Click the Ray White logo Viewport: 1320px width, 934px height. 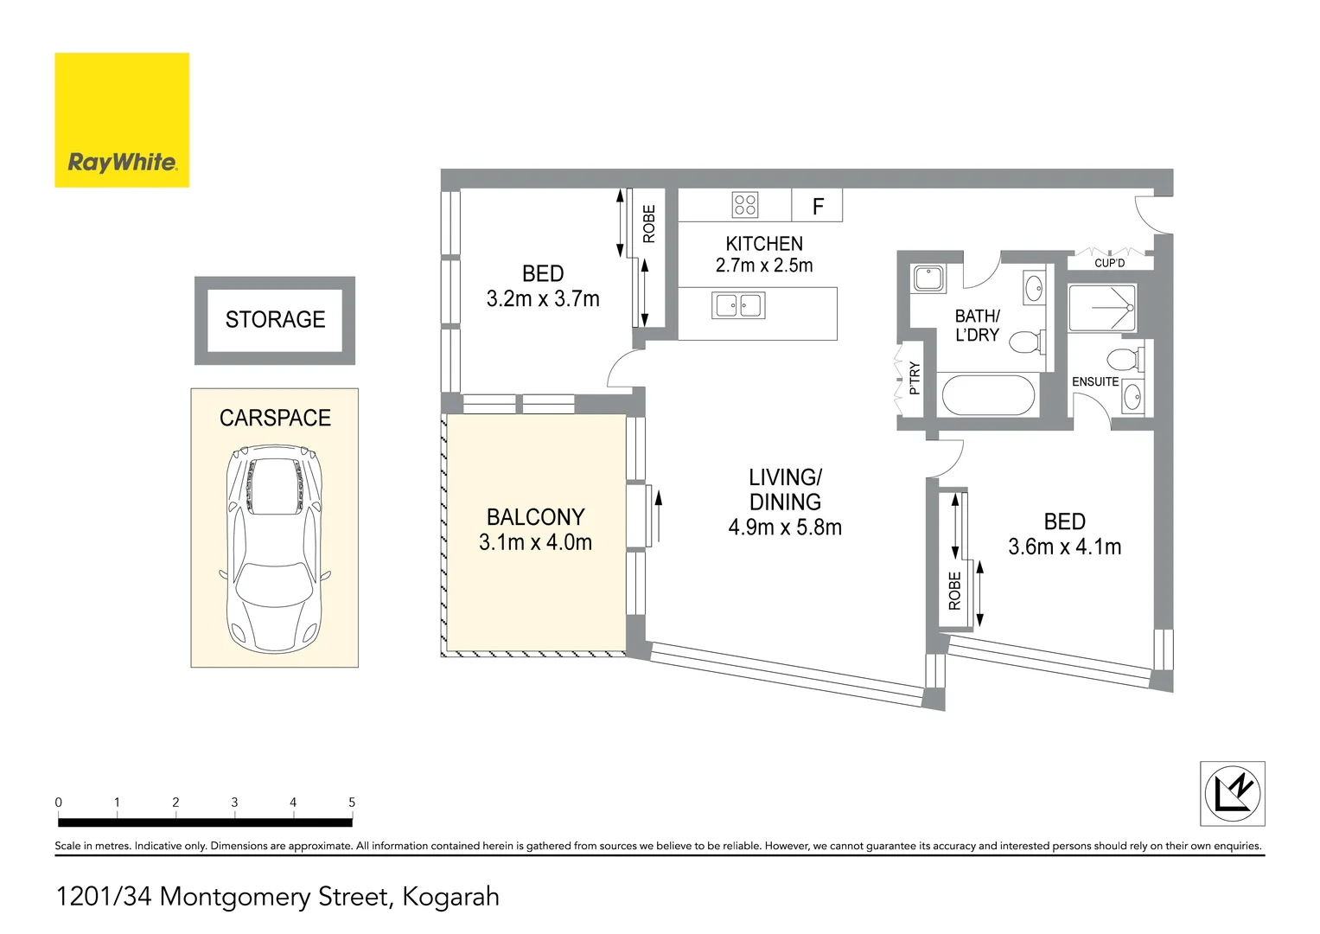(122, 120)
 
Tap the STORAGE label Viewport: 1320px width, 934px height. (275, 320)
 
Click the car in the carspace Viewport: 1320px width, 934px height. (275, 548)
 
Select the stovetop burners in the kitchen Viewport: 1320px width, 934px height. (745, 205)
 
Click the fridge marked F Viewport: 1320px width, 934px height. (818, 205)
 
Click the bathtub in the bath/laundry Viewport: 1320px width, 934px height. (988, 395)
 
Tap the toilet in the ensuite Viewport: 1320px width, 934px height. (1126, 359)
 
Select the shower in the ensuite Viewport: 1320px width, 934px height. (1102, 308)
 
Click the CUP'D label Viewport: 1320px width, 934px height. (1110, 263)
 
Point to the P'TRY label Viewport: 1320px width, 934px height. (914, 378)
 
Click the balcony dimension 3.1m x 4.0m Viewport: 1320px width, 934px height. (535, 542)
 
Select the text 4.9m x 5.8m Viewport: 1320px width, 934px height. (785, 528)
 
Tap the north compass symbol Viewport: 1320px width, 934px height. (1233, 793)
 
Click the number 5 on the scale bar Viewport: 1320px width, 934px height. (352, 802)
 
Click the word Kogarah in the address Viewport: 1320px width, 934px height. (450, 896)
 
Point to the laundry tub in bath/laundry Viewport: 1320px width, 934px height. (928, 278)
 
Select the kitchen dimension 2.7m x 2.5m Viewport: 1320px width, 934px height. (764, 265)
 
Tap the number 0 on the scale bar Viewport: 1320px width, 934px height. (58, 802)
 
